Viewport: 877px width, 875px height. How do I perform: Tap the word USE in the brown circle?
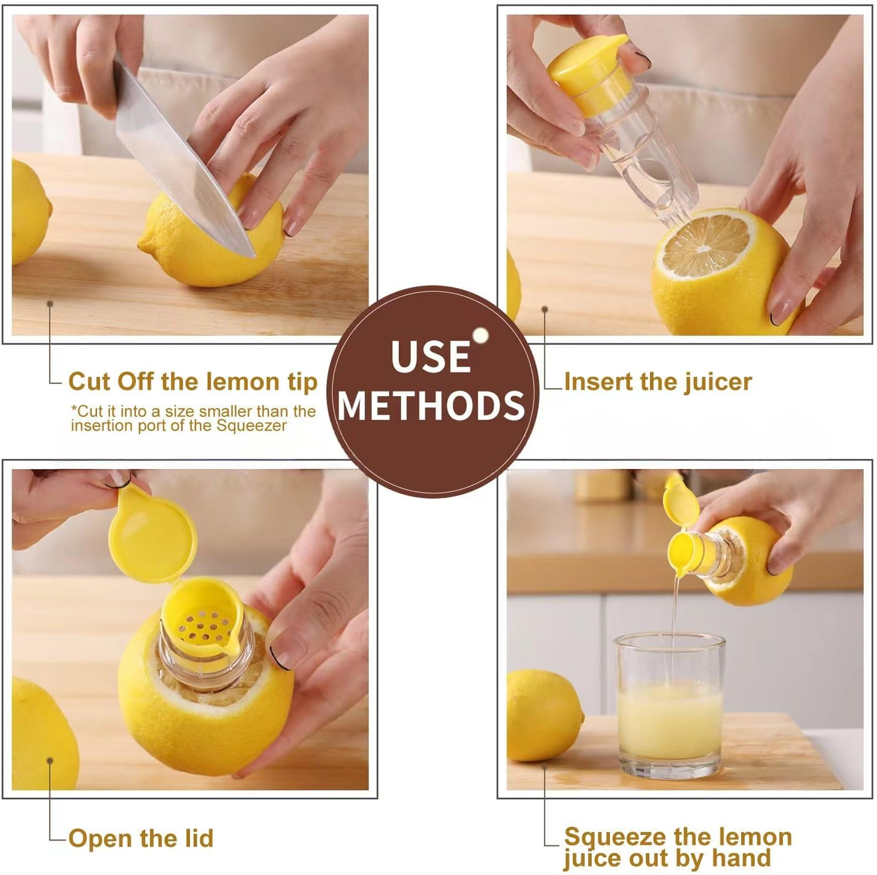tap(430, 356)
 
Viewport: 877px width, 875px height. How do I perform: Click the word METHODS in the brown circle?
tap(432, 405)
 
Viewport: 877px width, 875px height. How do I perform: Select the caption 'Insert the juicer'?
tap(658, 382)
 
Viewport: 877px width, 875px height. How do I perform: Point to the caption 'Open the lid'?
tap(141, 838)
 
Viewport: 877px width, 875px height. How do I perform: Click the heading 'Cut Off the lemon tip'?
tap(193, 382)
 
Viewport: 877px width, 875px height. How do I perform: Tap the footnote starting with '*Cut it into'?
tap(193, 418)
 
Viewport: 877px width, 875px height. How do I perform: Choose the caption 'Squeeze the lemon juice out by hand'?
tap(677, 847)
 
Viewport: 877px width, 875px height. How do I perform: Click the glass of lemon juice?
tap(669, 707)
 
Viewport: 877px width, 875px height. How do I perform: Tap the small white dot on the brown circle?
tap(481, 336)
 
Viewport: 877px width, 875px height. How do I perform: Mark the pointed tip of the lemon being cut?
tap(143, 246)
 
